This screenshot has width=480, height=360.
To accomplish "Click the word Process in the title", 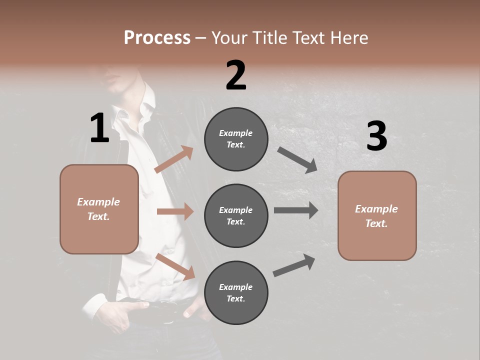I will (x=157, y=38).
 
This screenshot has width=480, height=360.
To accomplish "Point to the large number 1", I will (x=99, y=128).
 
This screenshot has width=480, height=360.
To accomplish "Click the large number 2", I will (x=236, y=75).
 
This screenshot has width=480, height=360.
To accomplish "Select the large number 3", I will (x=376, y=136).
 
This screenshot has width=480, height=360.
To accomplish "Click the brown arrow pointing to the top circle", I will (x=174, y=159).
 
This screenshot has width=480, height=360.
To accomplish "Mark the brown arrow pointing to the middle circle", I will (x=175, y=211).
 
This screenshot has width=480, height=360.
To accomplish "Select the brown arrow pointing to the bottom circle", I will (x=175, y=266).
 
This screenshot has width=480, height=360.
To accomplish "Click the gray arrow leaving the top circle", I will (x=297, y=159).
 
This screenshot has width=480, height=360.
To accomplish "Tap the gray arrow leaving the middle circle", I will (x=296, y=210).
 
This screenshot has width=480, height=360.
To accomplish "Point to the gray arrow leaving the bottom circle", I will (x=294, y=265).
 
